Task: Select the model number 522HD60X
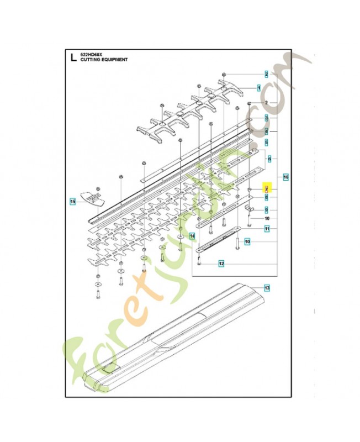tap(91, 53)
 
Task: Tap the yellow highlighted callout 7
tap(266, 189)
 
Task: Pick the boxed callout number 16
tap(285, 177)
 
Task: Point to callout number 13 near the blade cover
tap(266, 288)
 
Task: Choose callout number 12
tap(221, 264)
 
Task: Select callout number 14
tap(192, 236)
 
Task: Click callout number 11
tap(266, 228)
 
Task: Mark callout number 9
tap(266, 209)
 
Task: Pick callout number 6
tap(269, 159)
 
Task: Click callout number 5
tap(266, 142)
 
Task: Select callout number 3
tap(266, 118)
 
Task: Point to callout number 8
tap(266, 197)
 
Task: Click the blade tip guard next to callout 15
tap(93, 197)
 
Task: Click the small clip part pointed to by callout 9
tap(249, 209)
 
